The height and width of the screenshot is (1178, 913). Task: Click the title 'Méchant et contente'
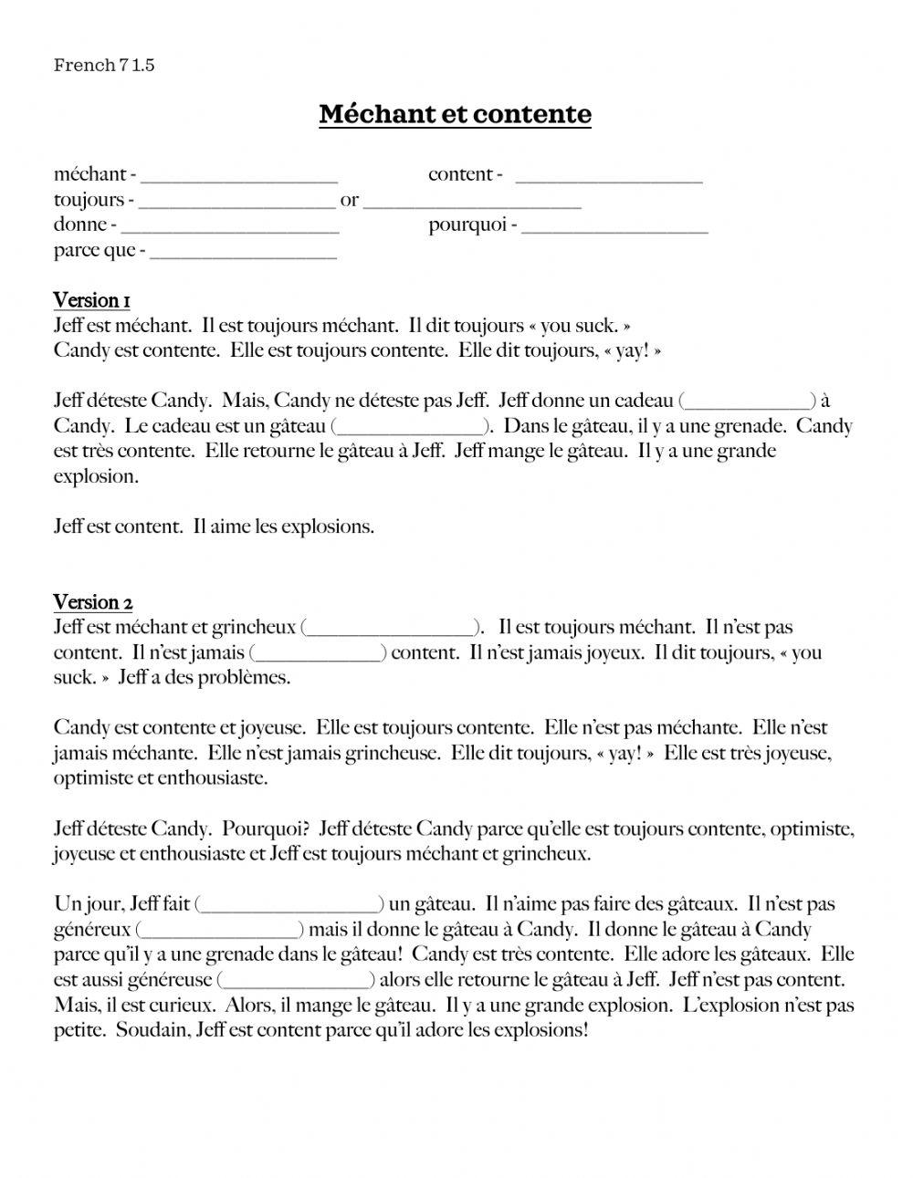[x=455, y=114]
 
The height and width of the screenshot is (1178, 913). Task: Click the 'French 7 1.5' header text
[x=104, y=65]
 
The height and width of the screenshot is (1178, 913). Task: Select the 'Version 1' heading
[x=92, y=300]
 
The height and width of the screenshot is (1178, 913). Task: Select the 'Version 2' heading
[x=93, y=602]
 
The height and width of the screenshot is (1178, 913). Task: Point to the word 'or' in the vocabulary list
[x=350, y=201]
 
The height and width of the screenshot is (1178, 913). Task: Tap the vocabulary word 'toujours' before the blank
[x=89, y=201]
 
